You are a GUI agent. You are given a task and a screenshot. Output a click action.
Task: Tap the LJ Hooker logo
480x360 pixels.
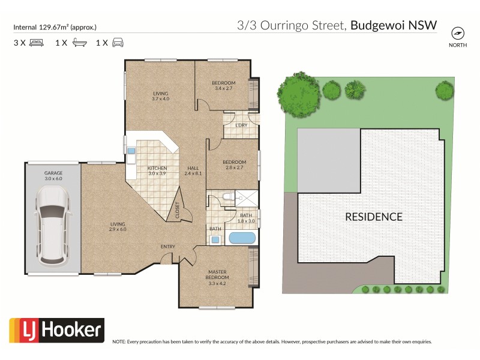(x=56, y=331)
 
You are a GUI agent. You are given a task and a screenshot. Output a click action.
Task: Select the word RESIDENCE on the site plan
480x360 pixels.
(x=373, y=217)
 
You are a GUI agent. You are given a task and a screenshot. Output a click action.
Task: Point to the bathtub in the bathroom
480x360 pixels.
(x=242, y=238)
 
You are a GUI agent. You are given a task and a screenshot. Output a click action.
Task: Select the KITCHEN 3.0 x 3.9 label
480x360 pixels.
(x=157, y=170)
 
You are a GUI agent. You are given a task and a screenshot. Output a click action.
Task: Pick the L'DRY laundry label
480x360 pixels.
(x=241, y=125)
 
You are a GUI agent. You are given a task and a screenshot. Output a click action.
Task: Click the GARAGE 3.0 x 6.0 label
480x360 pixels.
(x=53, y=175)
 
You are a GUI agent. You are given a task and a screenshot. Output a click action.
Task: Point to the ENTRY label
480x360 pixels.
(x=168, y=247)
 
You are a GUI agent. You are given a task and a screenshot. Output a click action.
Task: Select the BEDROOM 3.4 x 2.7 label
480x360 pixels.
(x=223, y=85)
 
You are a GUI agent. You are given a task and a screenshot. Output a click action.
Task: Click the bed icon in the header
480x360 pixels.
(x=35, y=43)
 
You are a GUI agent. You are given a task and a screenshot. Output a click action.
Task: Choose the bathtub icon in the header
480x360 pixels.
(x=79, y=43)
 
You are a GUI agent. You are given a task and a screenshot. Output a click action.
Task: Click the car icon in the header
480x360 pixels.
(x=118, y=43)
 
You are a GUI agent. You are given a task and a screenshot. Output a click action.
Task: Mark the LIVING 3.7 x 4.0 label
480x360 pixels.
(x=160, y=96)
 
